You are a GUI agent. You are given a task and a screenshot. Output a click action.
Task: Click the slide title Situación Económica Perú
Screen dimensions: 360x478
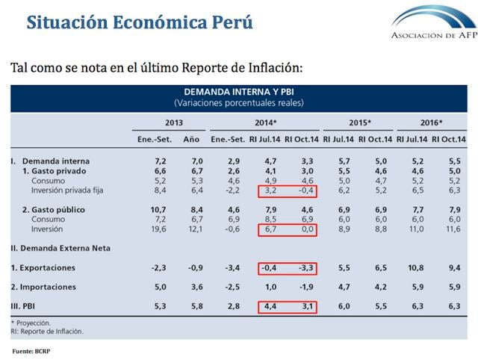tap(140, 22)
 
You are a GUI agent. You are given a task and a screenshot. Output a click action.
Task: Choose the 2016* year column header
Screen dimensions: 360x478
tap(431, 122)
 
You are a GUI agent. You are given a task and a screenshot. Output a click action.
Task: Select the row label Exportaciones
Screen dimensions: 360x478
tap(47, 267)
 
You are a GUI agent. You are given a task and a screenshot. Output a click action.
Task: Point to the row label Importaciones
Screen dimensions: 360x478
tap(47, 286)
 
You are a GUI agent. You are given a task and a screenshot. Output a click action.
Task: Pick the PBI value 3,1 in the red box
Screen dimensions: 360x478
tap(300, 305)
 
